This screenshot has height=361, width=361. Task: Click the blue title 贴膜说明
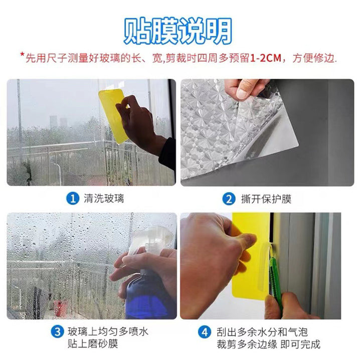click(x=177, y=31)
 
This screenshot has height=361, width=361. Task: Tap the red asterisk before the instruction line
click(x=23, y=55)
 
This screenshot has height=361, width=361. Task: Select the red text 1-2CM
click(x=265, y=58)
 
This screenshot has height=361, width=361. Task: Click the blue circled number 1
click(x=73, y=198)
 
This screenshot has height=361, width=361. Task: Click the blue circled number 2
click(x=229, y=199)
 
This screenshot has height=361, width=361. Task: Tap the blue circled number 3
click(x=57, y=332)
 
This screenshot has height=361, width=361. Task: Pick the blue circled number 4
click(x=205, y=332)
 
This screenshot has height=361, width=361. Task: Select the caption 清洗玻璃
click(x=104, y=199)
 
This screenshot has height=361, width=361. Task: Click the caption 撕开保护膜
click(x=266, y=199)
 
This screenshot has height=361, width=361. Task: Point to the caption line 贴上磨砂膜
click(x=93, y=344)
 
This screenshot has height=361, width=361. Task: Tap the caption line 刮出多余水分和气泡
click(x=262, y=332)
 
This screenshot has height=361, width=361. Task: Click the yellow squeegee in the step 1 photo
click(x=113, y=116)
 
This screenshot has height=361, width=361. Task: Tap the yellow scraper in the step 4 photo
click(x=251, y=256)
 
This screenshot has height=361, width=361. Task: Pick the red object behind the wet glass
click(x=60, y=308)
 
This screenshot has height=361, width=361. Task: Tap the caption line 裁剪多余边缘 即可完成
click(x=268, y=344)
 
